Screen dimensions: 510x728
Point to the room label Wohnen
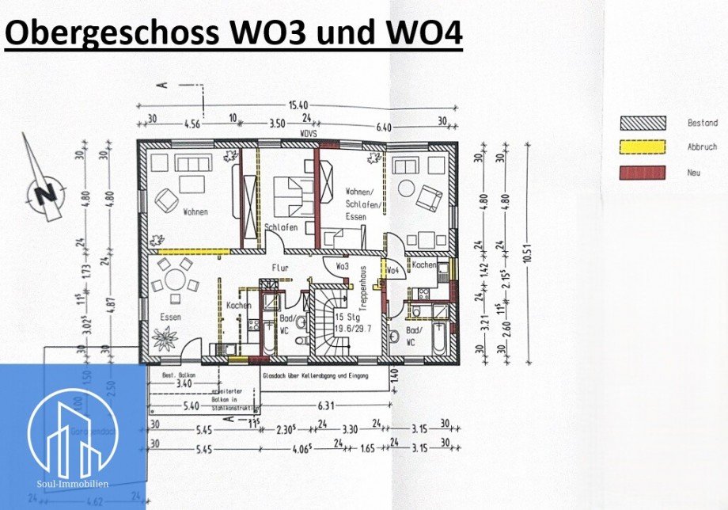pos(196,212)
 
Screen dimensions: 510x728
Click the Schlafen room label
pos(281,227)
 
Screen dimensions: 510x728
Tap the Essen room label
pos(169,317)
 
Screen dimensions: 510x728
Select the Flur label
pos(281,268)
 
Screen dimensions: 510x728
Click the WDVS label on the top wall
pos(308,135)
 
